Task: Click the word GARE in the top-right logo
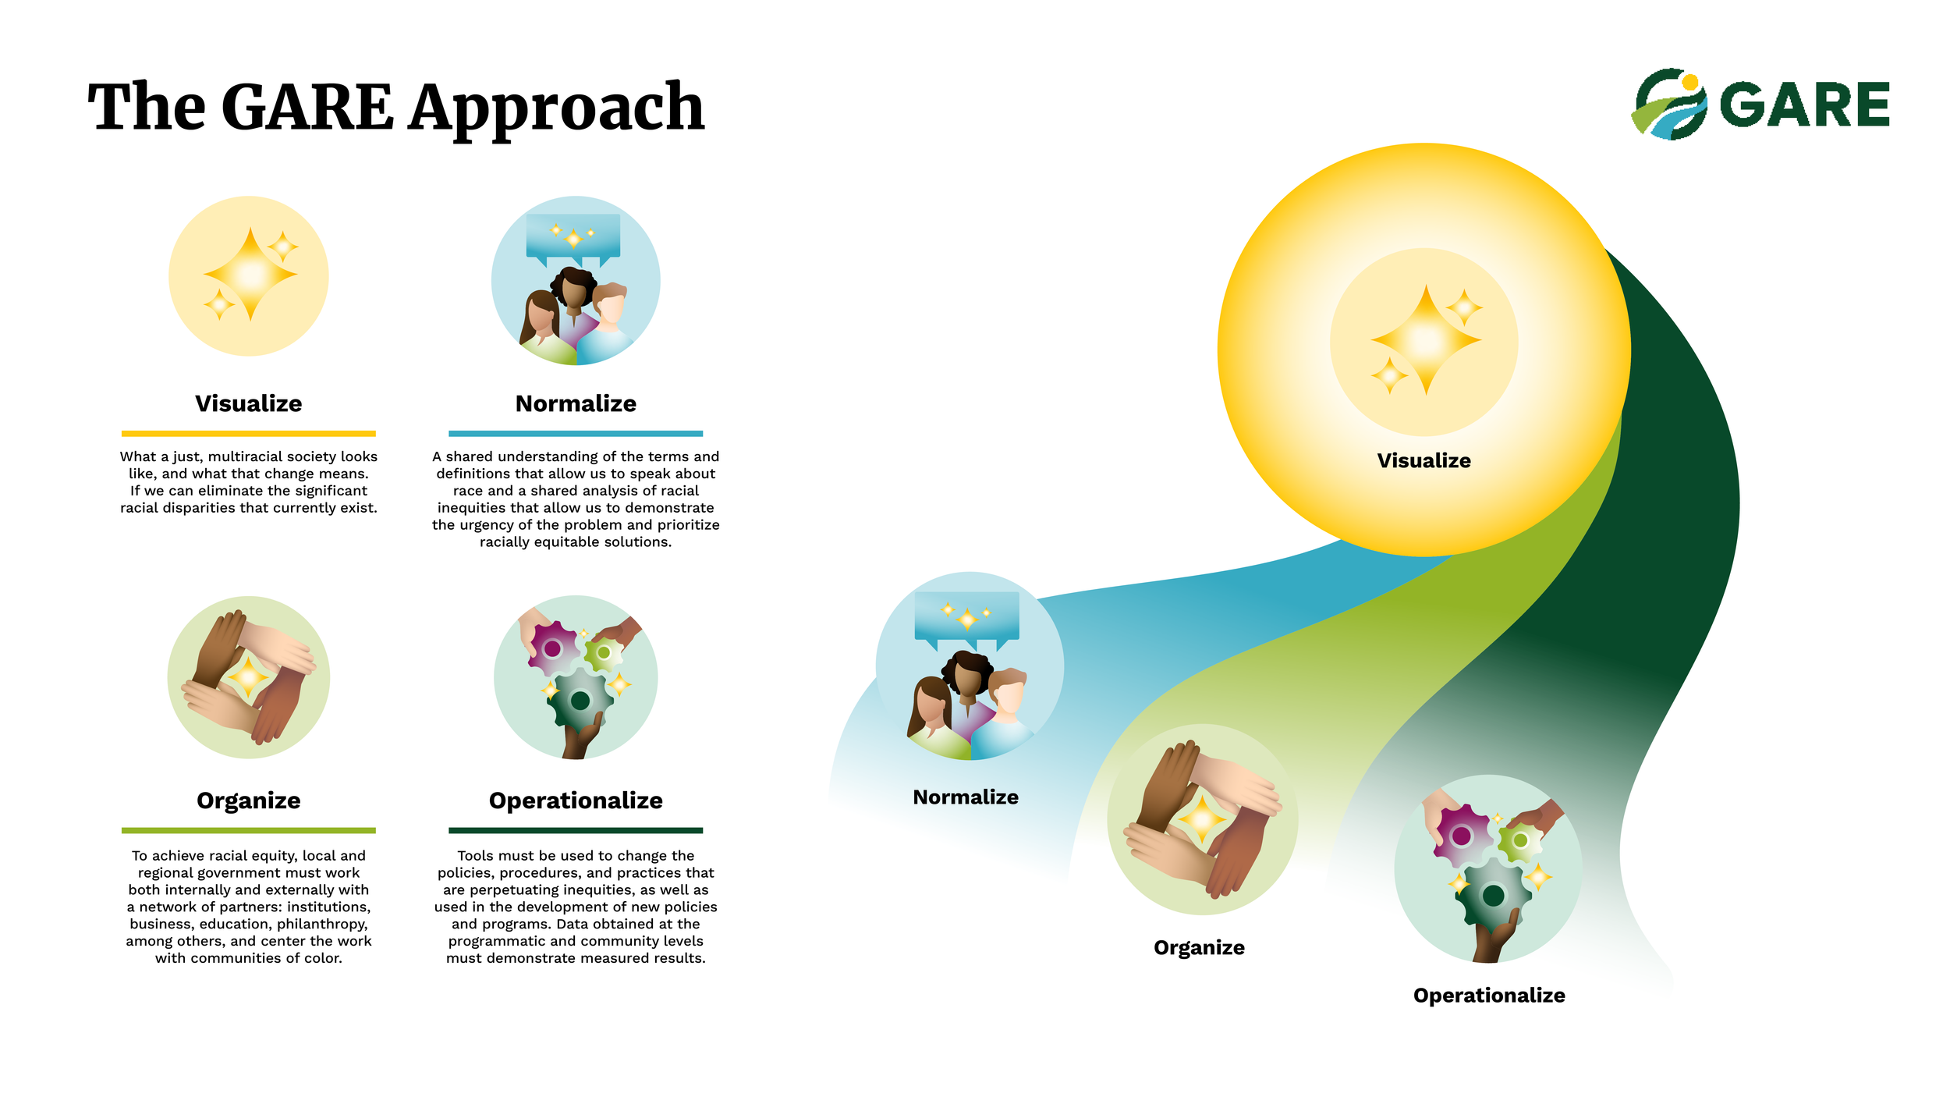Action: pos(1803,105)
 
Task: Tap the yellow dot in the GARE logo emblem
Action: pos(1689,82)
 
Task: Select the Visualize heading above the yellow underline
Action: pos(248,403)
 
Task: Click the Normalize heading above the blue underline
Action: pos(576,403)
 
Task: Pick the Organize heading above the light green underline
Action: pos(248,801)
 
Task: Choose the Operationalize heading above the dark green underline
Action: pos(576,801)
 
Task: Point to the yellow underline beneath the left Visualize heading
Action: pos(248,434)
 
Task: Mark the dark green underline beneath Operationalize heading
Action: pos(576,831)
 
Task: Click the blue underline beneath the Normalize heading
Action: pos(576,434)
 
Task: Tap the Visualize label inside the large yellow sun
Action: pos(1423,460)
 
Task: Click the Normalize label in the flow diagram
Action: pos(966,797)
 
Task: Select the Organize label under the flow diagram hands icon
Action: pos(1199,947)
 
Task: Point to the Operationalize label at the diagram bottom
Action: pos(1489,995)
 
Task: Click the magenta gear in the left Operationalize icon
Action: pos(553,648)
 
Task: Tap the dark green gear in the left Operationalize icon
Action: pos(580,700)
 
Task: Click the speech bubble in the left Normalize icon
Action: pos(573,235)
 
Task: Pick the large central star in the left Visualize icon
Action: pos(250,274)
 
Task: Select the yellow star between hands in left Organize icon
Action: pos(248,676)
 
